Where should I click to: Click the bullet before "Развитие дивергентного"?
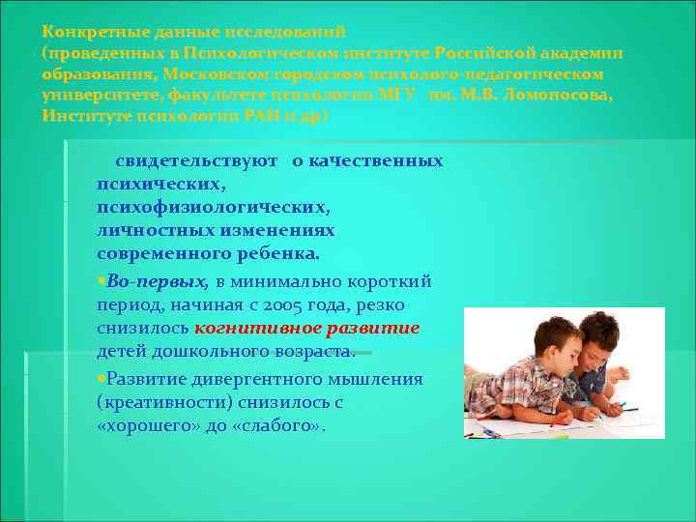tap(101, 379)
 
